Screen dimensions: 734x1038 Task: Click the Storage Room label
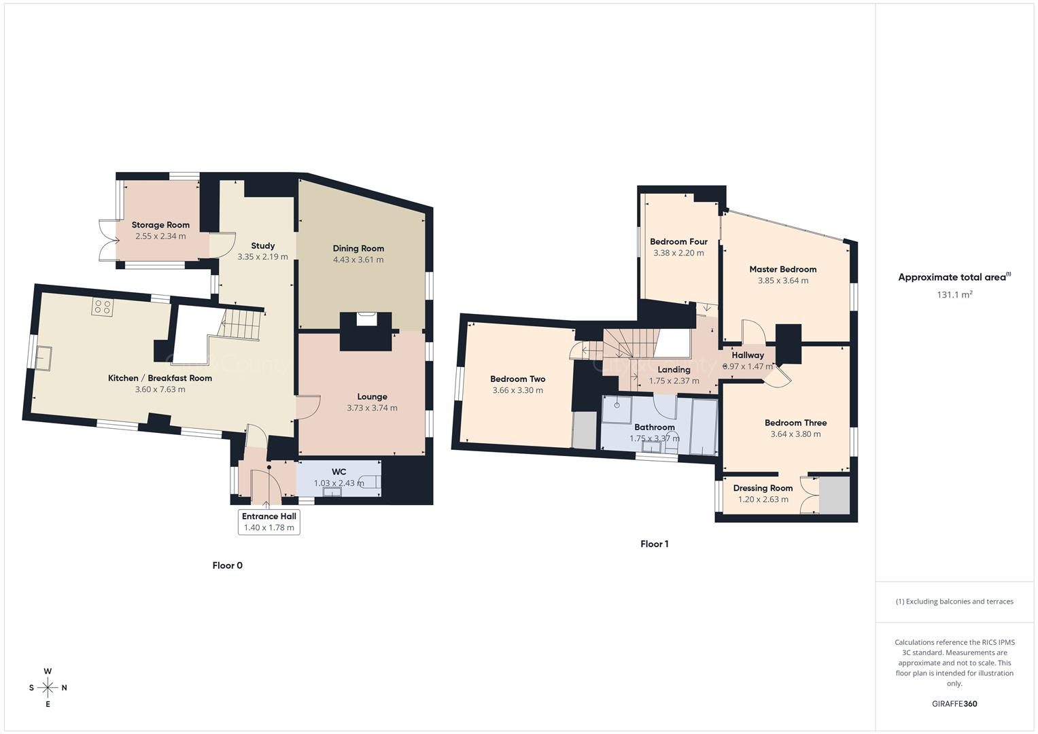160,225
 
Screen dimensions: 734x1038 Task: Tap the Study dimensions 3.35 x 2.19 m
262,257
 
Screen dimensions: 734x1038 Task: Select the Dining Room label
358,249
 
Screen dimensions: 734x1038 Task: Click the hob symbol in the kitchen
103,307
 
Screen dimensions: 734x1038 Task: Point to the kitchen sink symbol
44,358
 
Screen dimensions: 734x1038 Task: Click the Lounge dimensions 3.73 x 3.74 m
372,408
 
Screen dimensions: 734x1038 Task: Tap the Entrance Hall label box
269,522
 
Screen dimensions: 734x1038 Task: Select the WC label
339,472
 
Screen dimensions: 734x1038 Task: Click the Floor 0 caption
227,565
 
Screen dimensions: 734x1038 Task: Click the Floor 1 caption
655,544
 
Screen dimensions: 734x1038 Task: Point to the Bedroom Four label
678,242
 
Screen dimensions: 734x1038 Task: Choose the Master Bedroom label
782,269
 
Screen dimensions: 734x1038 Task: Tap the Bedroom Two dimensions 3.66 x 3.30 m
517,390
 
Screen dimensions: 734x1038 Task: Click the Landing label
674,370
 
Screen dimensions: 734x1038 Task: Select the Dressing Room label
763,488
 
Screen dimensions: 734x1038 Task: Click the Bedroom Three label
795,423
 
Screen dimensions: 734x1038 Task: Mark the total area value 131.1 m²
954,295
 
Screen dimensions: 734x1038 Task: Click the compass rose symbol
48,688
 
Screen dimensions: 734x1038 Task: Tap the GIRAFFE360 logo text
954,704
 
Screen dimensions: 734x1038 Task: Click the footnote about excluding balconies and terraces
954,601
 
